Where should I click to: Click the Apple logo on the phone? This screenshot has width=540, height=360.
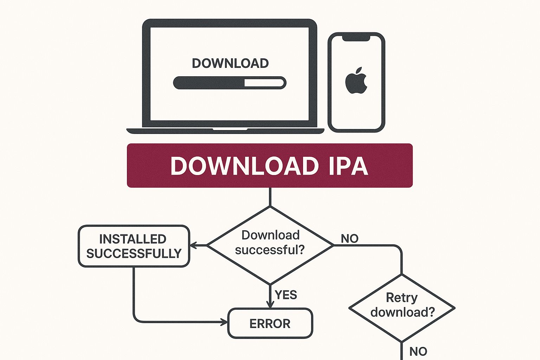(x=356, y=81)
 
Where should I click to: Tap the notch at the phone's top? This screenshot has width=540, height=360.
(x=356, y=38)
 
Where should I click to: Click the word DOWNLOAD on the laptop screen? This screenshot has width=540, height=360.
(x=230, y=63)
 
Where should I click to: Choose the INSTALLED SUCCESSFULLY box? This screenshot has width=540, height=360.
(x=134, y=246)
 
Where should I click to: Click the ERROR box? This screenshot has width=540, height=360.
(x=270, y=323)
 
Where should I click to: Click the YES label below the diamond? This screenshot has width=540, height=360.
(x=286, y=295)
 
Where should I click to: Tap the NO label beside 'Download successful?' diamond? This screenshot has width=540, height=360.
(x=349, y=239)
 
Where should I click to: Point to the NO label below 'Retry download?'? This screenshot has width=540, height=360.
(x=418, y=351)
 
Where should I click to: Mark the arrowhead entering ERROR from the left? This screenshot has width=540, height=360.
(x=224, y=322)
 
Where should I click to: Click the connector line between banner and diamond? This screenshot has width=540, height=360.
(x=270, y=197)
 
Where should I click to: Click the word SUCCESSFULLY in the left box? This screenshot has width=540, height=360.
(x=134, y=253)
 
